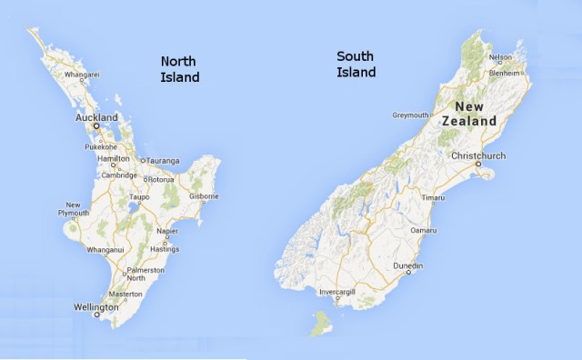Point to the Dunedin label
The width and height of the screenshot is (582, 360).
tap(407, 265)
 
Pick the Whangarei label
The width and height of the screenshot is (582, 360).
tap(81, 74)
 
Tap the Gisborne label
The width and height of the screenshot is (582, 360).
tap(204, 196)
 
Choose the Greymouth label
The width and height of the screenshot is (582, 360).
tap(409, 115)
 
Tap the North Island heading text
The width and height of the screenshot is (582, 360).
tap(179, 69)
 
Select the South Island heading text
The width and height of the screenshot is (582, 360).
tap(356, 64)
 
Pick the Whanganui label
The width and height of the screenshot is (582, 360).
tap(105, 249)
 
